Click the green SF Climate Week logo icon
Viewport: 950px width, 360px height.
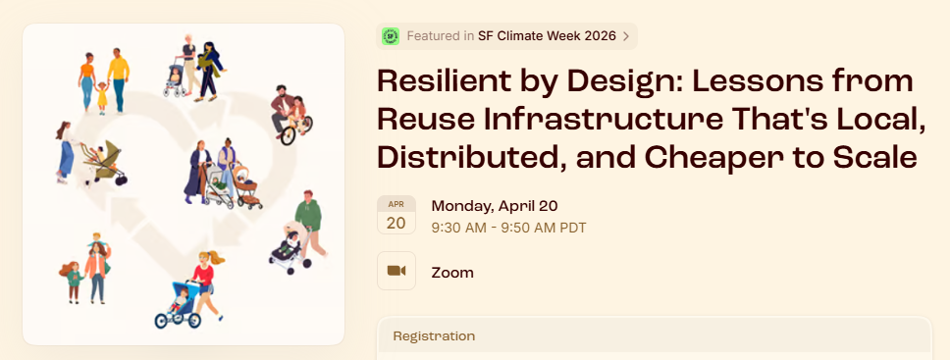click(391, 36)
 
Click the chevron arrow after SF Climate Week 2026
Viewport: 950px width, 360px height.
click(626, 36)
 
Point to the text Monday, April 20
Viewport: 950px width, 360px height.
click(495, 206)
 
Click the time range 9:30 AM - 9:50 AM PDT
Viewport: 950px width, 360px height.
click(509, 229)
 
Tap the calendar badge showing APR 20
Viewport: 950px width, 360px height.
click(396, 215)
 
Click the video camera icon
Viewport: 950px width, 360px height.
click(396, 271)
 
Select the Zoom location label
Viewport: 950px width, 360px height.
click(452, 273)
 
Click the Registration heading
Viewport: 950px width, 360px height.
click(434, 335)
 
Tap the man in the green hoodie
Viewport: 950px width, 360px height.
click(310, 223)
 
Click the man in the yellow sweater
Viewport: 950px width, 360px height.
click(119, 80)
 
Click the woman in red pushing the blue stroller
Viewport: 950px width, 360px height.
click(207, 283)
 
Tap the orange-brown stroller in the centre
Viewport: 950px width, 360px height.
click(247, 186)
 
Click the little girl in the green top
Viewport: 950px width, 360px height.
click(73, 282)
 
